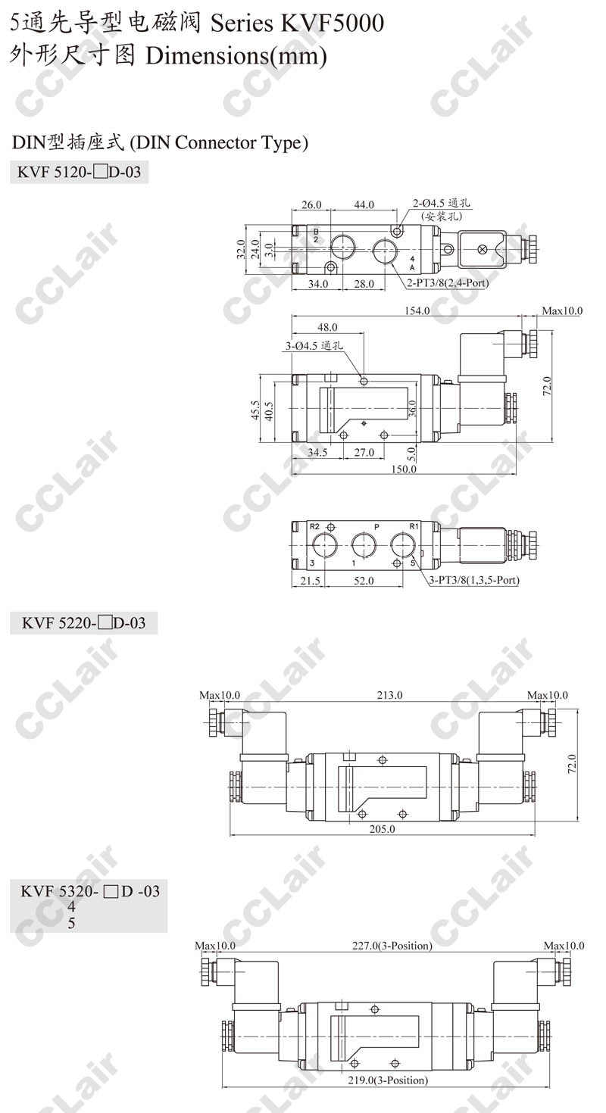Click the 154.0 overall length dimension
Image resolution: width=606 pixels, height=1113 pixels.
[417, 310]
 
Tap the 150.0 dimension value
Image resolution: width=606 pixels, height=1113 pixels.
[403, 469]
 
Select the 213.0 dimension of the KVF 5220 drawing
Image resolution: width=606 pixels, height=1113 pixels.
[389, 694]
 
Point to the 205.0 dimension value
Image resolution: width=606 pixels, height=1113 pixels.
[383, 829]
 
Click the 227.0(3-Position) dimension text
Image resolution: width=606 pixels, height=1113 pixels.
[392, 946]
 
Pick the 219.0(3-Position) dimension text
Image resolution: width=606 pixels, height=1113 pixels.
[388, 1080]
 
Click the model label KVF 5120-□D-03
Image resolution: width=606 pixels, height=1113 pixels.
[79, 172]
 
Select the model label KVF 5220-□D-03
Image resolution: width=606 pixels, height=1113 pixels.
[83, 622]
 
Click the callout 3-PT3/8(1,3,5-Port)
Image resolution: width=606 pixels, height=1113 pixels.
[474, 580]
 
